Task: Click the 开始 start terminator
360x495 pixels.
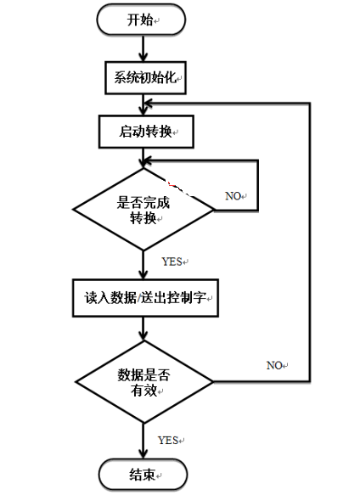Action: pos(140,20)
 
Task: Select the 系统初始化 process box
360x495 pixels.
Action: pos(145,77)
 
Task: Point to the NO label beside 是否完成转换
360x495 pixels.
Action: pos(234,196)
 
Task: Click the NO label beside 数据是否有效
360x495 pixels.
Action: pos(276,365)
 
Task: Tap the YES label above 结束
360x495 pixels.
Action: pos(168,440)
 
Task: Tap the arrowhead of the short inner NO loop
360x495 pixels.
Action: pos(149,159)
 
